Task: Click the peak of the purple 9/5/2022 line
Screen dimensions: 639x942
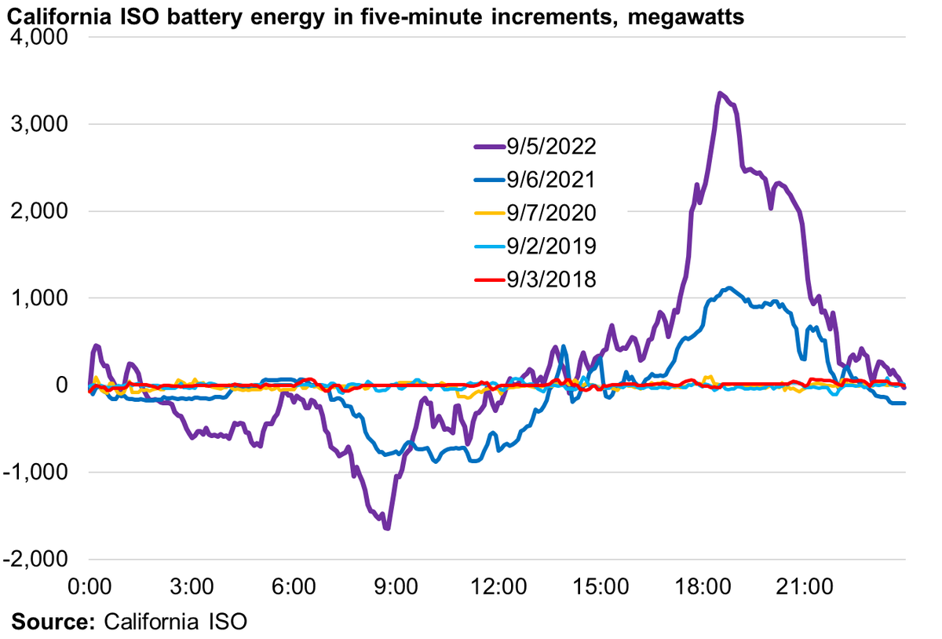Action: point(719,93)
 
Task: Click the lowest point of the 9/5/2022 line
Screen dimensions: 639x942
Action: point(387,528)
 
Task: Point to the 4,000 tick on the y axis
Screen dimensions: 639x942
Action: point(42,38)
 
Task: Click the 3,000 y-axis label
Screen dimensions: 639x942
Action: point(42,124)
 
